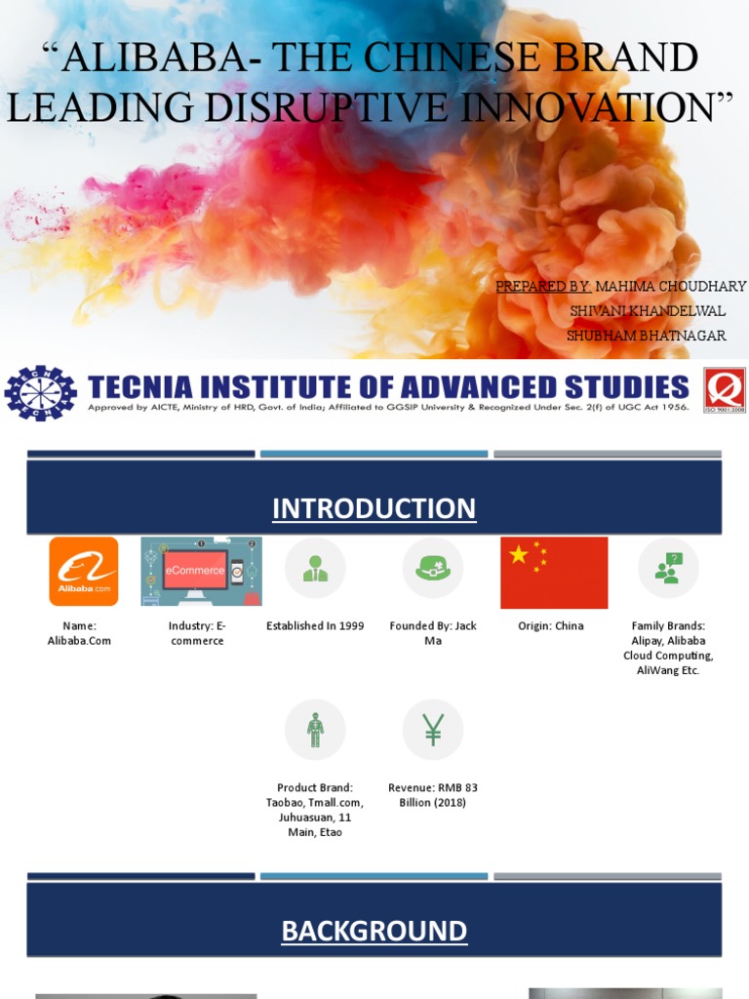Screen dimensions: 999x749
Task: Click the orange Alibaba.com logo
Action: [84, 572]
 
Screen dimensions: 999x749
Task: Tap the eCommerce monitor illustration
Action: [201, 572]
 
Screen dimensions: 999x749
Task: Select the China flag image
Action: [554, 573]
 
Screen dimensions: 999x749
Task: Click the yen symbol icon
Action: [433, 730]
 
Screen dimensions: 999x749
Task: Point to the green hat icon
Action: [433, 568]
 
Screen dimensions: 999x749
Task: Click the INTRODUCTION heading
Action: [374, 508]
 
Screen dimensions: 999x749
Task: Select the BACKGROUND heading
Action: [374, 931]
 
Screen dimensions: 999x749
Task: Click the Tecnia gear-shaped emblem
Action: [40, 393]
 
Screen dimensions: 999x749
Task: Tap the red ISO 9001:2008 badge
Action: [725, 390]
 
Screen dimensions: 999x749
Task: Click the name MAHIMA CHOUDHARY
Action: [670, 286]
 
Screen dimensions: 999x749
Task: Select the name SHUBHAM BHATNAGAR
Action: [646, 336]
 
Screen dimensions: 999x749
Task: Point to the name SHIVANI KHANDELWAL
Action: [648, 311]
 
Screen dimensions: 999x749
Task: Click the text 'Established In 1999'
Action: [315, 626]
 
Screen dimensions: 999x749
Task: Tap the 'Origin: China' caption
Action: [551, 626]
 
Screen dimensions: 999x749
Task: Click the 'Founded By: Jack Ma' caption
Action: [433, 633]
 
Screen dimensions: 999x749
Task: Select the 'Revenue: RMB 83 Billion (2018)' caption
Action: [433, 795]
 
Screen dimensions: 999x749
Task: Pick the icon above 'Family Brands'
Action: [668, 568]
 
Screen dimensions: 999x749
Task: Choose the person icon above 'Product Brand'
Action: [315, 730]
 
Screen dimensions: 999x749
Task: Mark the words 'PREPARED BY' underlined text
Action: [542, 286]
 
